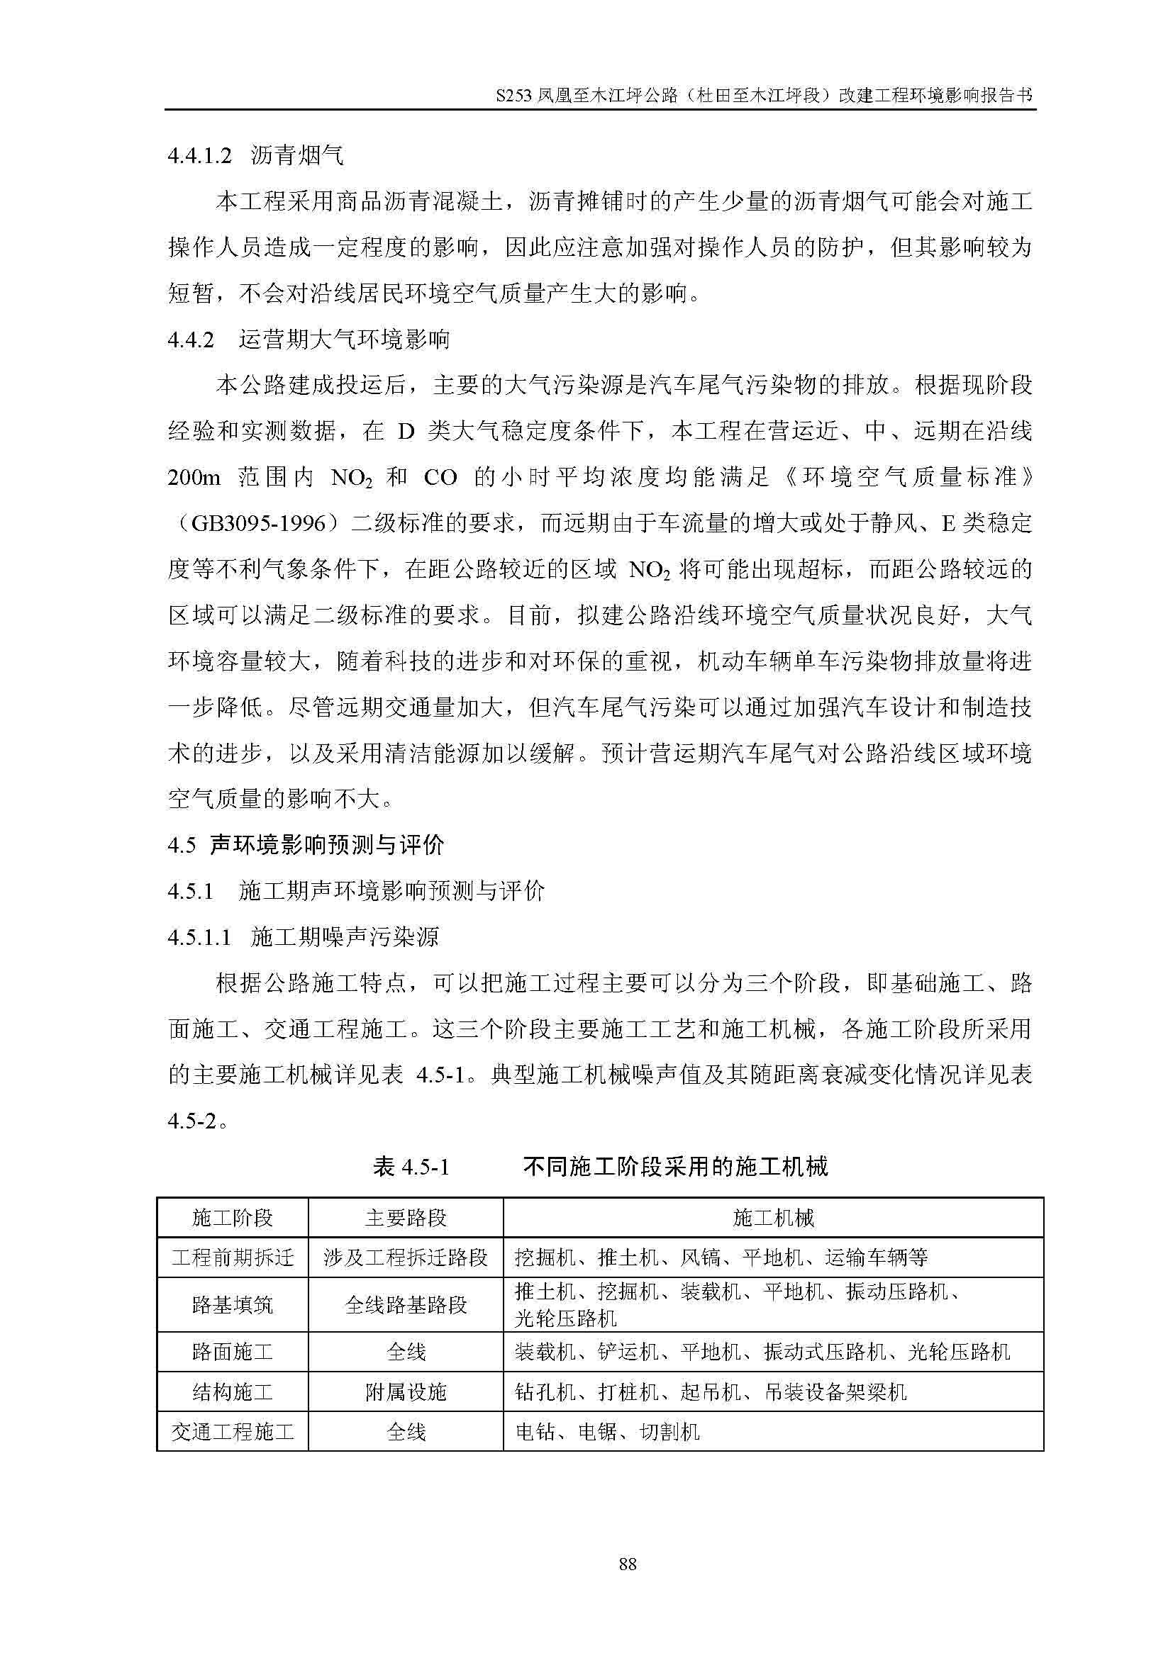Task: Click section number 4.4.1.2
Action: click(x=199, y=156)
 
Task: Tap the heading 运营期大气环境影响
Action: click(x=344, y=340)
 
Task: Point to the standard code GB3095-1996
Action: click(x=258, y=524)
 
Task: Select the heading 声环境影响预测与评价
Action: click(x=326, y=845)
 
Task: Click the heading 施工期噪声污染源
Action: click(x=345, y=937)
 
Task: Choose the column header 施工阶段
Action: click(x=233, y=1219)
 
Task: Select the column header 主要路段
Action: click(x=406, y=1219)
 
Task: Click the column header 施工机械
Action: click(x=773, y=1219)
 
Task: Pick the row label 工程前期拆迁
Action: click(x=233, y=1258)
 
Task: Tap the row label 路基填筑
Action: click(x=233, y=1305)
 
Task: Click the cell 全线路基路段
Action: click(x=406, y=1305)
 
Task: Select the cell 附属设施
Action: click(x=406, y=1392)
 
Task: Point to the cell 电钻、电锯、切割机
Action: click(x=607, y=1431)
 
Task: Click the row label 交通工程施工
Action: click(x=233, y=1431)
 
